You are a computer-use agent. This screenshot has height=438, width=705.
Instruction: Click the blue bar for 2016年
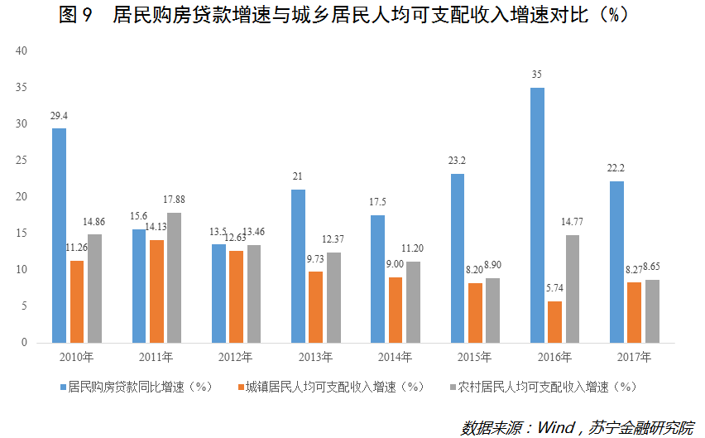pyautogui.click(x=537, y=215)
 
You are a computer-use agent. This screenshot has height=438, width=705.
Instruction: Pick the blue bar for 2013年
pyautogui.click(x=298, y=266)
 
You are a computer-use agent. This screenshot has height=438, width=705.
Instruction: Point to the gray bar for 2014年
pyautogui.click(x=413, y=301)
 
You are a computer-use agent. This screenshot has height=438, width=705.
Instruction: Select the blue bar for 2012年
pyautogui.click(x=218, y=293)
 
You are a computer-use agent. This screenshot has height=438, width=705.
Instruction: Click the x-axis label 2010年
pyautogui.click(x=76, y=358)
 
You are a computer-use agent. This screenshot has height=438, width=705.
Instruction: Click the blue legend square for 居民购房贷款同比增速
pyautogui.click(x=64, y=387)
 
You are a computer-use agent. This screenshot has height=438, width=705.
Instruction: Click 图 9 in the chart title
pyautogui.click(x=76, y=15)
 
